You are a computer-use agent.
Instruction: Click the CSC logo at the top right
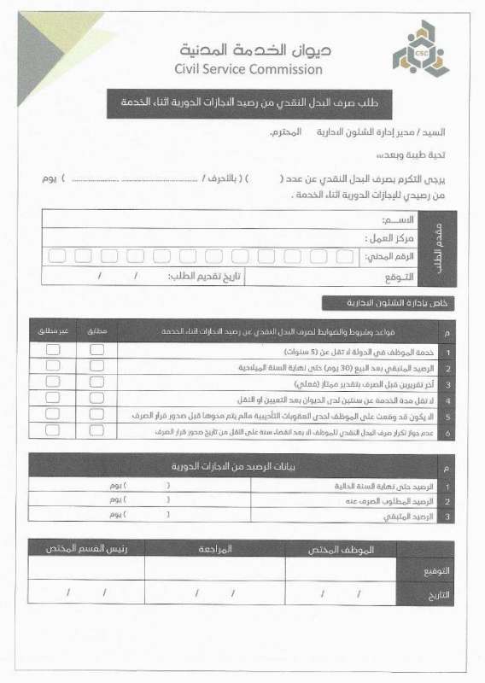pos(418,59)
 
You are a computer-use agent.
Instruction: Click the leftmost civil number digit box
pos(57,256)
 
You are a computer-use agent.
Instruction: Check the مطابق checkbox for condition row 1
pos(97,350)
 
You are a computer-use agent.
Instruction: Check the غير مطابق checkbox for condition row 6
pos(53,431)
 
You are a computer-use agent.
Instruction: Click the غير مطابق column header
pos(52,330)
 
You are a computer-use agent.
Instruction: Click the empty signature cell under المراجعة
pos(215,568)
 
